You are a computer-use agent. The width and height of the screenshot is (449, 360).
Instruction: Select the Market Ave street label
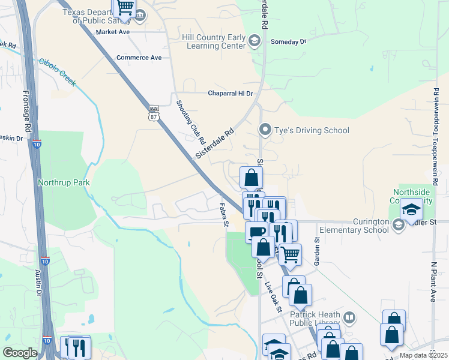(x=113, y=32)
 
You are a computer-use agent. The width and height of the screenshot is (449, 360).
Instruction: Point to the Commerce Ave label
(x=139, y=58)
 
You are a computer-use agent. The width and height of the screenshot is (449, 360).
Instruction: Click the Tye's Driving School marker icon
(x=265, y=130)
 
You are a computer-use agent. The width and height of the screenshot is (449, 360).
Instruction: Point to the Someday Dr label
(x=288, y=41)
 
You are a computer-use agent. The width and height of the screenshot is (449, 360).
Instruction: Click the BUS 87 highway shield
(x=154, y=113)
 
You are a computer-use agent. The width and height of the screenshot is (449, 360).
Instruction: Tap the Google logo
(x=20, y=353)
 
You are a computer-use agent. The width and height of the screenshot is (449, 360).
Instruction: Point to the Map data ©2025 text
(x=424, y=355)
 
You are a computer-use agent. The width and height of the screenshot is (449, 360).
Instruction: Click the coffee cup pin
(x=256, y=232)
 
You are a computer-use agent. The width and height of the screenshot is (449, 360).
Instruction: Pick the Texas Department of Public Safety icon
(x=140, y=16)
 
